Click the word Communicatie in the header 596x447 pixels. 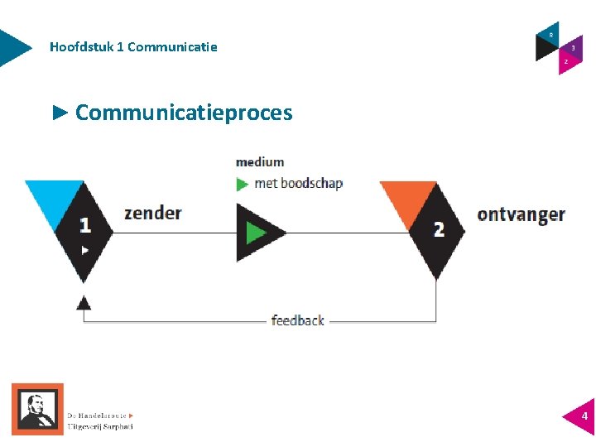click(x=172, y=47)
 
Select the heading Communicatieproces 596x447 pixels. click(x=184, y=113)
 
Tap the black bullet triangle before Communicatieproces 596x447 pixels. click(x=60, y=113)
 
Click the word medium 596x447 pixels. click(x=260, y=162)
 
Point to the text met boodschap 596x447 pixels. click(x=298, y=183)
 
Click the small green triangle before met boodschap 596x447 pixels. click(x=243, y=184)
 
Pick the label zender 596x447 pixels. click(x=152, y=213)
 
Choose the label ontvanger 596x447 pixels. click(x=521, y=214)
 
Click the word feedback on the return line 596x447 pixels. click(x=297, y=320)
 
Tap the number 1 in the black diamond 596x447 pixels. click(x=84, y=224)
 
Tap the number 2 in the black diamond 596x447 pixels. click(x=439, y=228)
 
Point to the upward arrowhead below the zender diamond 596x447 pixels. click(x=83, y=303)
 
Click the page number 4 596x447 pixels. click(x=584, y=416)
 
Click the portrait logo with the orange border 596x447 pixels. click(x=37, y=409)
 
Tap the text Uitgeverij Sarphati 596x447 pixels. click(x=99, y=426)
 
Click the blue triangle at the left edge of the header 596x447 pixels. click(x=12, y=47)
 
